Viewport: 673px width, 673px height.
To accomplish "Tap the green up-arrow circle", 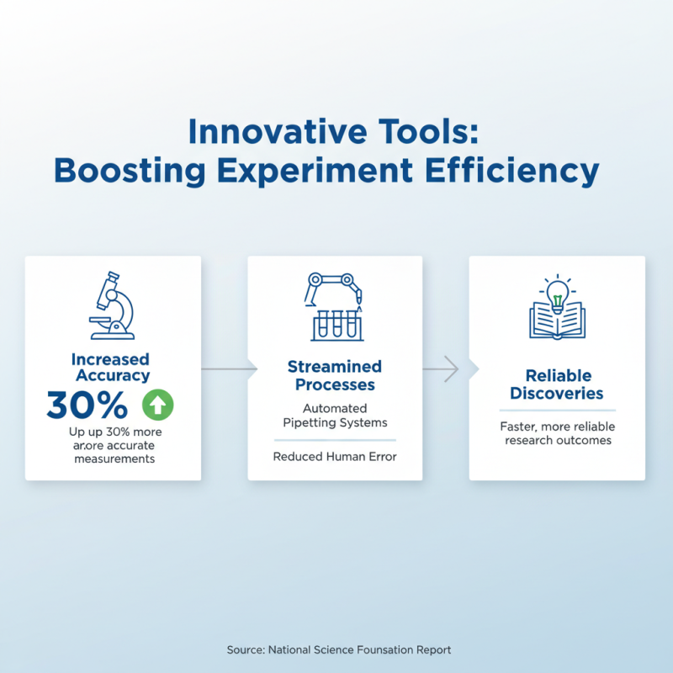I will coord(158,405).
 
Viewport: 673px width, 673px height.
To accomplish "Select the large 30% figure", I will coord(87,405).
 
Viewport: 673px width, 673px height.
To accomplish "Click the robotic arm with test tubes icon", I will coord(335,306).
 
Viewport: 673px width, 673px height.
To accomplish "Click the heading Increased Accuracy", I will coord(111,368).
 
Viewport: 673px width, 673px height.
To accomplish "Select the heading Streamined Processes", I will coord(335,375).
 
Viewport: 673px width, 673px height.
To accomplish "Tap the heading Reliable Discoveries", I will coord(557,384).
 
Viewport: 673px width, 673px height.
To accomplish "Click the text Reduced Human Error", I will coord(335,457).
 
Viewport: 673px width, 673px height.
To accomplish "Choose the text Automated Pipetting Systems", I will coord(335,416).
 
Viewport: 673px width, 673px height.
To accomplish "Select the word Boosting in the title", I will coord(130,171).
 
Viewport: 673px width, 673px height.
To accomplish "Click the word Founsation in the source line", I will coord(392,649).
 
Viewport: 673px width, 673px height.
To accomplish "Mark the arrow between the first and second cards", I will coord(227,368).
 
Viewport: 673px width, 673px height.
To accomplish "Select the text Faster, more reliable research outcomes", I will coord(557,433).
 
